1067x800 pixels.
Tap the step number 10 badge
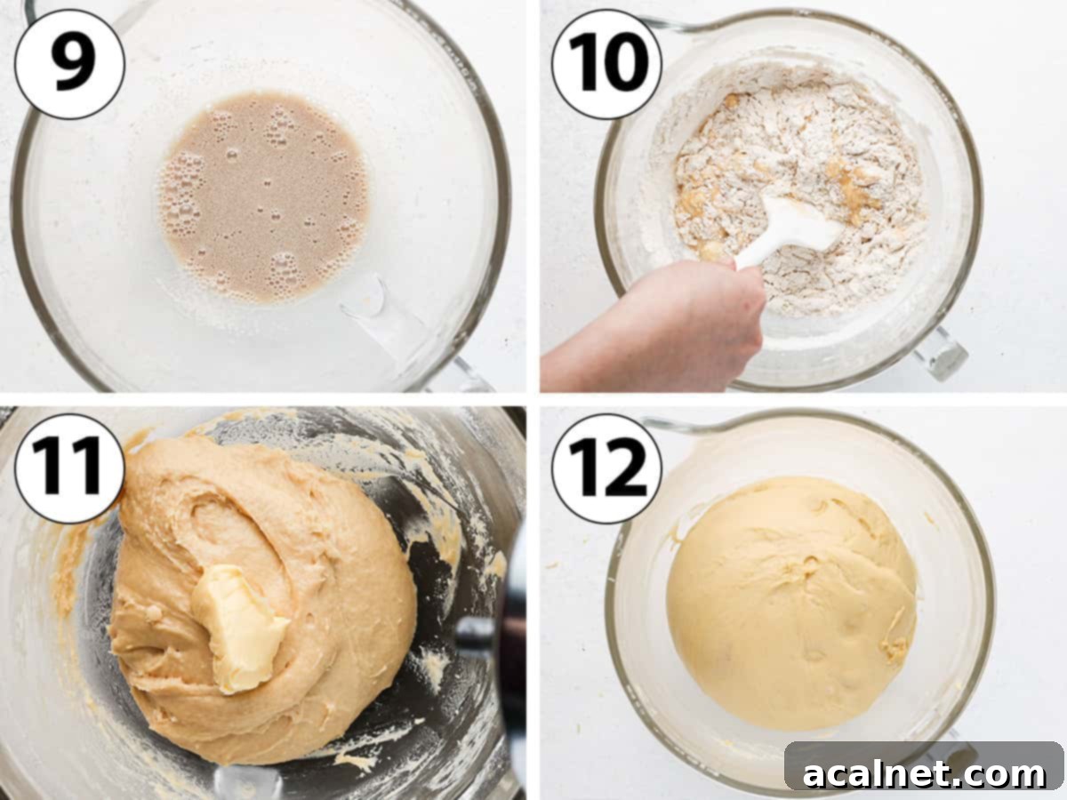606,63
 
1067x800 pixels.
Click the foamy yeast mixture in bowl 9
263,196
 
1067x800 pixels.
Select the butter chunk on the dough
238,627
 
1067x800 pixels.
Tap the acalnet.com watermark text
924,773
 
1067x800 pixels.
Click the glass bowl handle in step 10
940,351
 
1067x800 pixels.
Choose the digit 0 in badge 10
626,63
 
